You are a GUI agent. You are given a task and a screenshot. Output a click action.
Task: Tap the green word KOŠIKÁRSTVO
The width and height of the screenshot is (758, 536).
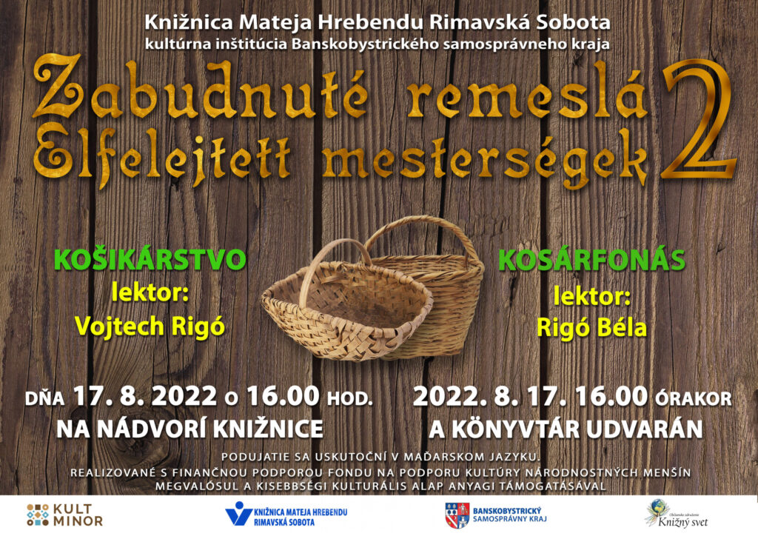[x=150, y=260]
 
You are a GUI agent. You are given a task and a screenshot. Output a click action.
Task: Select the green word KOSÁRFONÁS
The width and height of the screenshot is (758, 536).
[x=591, y=260]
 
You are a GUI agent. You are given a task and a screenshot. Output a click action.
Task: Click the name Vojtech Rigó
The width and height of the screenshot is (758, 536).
[x=150, y=326]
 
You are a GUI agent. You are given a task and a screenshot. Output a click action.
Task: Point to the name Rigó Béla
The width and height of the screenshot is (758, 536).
[x=591, y=328]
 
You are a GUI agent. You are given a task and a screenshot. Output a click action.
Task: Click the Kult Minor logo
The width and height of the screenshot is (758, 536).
[x=64, y=515]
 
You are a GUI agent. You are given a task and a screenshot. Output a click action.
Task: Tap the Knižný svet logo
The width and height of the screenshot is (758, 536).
[x=677, y=514]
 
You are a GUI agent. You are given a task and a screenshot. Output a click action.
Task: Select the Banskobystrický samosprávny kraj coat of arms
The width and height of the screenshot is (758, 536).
[x=457, y=515]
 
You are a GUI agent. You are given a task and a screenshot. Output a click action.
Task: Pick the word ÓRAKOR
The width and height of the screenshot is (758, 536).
[x=693, y=398]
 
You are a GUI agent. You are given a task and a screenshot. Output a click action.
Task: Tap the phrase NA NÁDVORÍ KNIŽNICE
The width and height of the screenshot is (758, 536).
[x=189, y=429]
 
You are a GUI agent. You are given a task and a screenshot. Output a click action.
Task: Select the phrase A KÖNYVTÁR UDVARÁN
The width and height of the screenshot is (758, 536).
[x=566, y=429]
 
